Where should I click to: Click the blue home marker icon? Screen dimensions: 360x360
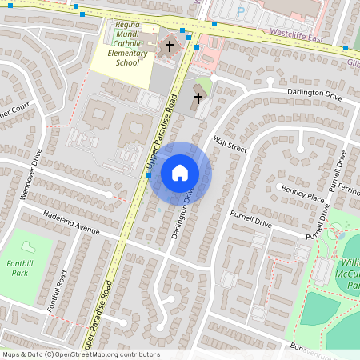pyautogui.click(x=180, y=172)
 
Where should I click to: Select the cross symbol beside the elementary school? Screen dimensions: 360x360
pyautogui.click(x=169, y=46)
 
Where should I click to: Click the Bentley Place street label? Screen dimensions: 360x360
pyautogui.click(x=302, y=194)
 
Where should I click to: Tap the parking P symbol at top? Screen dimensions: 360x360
pyautogui.click(x=242, y=11)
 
